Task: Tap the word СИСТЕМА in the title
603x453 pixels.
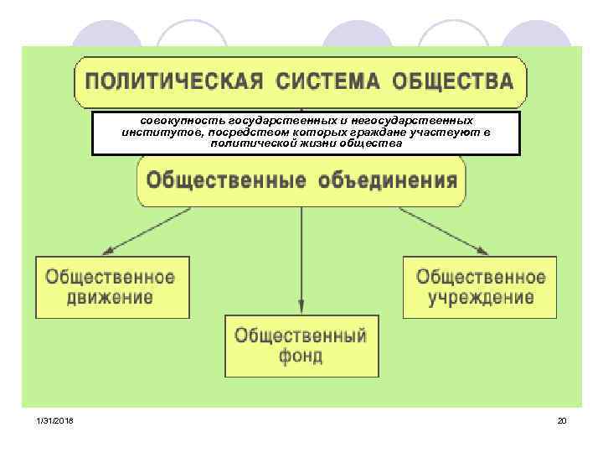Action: coord(323,81)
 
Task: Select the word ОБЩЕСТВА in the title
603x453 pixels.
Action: coord(451,81)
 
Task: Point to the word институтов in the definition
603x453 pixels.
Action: coord(153,133)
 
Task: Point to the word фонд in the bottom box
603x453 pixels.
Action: coord(300,356)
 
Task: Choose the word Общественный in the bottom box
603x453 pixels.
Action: coord(300,336)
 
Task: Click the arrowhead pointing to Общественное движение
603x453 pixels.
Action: coord(106,250)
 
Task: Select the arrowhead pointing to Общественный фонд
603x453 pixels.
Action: coord(301,306)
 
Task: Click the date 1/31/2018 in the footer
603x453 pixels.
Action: coord(54,419)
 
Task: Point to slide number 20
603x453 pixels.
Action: coord(562,419)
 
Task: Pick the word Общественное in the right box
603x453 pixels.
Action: coord(481,277)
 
